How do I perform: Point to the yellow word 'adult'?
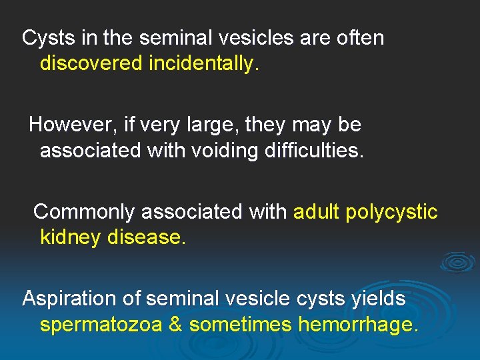[317, 212]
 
